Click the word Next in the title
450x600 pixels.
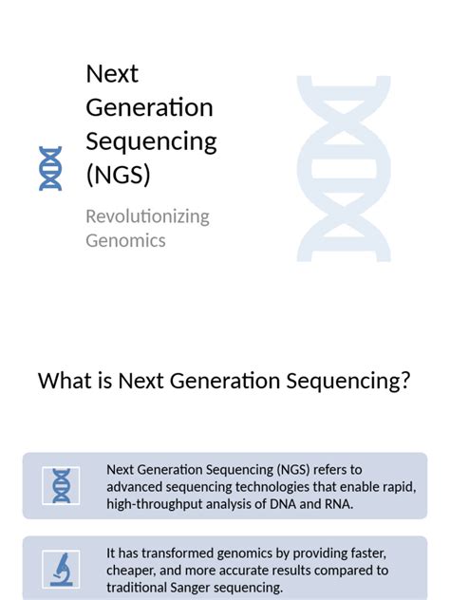(x=112, y=74)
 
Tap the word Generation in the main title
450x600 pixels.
(x=149, y=108)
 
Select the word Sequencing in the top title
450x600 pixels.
(x=151, y=142)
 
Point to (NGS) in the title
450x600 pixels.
(x=118, y=176)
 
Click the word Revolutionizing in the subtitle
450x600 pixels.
(x=147, y=216)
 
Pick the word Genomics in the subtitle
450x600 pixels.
(x=125, y=240)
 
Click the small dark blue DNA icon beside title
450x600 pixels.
(x=50, y=169)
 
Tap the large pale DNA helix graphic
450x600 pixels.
(x=343, y=169)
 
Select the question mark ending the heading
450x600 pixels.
(x=405, y=382)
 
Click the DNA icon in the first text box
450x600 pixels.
(x=62, y=485)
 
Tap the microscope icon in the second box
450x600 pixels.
(x=62, y=570)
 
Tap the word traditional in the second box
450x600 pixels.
(x=138, y=588)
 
